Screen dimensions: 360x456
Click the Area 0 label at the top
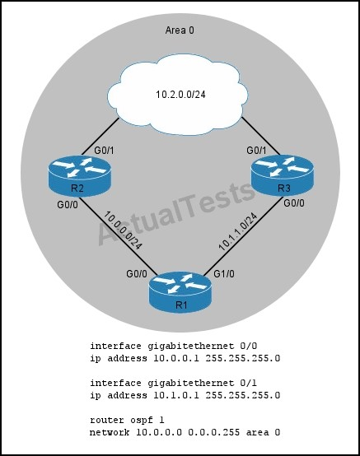180,30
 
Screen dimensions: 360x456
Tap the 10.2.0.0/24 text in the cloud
180,95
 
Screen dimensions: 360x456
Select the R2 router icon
79,175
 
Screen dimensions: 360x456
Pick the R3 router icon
283,175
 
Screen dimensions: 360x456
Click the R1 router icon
180,292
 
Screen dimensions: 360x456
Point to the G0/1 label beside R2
104,151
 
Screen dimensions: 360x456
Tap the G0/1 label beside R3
256,151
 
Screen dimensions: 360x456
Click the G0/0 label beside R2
68,205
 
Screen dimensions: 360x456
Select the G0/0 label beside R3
294,203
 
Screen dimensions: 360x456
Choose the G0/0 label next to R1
137,273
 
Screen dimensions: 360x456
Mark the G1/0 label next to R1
224,273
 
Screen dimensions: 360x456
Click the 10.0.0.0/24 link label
123,230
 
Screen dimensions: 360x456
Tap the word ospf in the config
141,421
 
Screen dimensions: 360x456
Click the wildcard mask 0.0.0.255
214,432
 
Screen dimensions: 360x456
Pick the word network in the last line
110,432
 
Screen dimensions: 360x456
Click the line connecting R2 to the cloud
101,137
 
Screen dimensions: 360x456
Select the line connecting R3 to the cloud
260,135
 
